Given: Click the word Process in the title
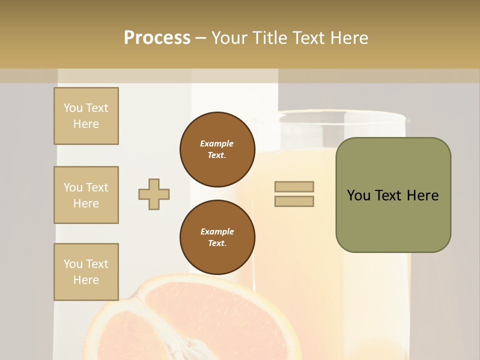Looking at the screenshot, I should pyautogui.click(x=157, y=38).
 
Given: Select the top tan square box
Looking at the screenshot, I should pyautogui.click(x=86, y=116).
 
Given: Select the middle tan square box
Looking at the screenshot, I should pyautogui.click(x=86, y=195).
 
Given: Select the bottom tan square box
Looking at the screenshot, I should pyautogui.click(x=86, y=271).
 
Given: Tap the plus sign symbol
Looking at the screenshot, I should pyautogui.click(x=154, y=194).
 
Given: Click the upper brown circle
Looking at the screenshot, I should pyautogui.click(x=217, y=149).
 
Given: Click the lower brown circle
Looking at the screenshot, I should pyautogui.click(x=217, y=237).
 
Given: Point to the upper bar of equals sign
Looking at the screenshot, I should pyautogui.click(x=294, y=186).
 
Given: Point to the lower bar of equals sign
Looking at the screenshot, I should pyautogui.click(x=294, y=201).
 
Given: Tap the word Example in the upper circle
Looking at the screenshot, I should pyautogui.click(x=217, y=143).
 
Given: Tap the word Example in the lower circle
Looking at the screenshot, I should pyautogui.click(x=217, y=231).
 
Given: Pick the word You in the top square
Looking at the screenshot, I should pyautogui.click(x=73, y=108).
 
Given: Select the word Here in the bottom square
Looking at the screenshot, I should pyautogui.click(x=86, y=280).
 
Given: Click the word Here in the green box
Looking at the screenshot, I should pyautogui.click(x=422, y=195).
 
